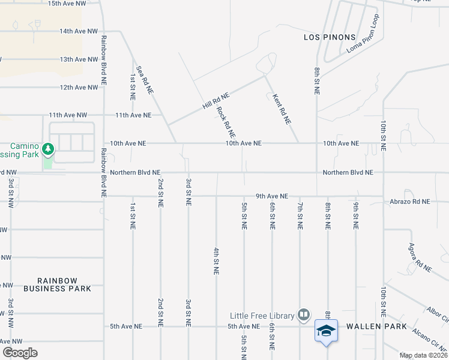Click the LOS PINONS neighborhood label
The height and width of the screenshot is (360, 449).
(x=330, y=37)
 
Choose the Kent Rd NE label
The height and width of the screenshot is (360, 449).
(x=282, y=109)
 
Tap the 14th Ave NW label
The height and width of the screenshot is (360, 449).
(x=79, y=31)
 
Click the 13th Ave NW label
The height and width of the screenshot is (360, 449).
(x=79, y=59)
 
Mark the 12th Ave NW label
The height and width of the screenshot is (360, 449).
(x=79, y=88)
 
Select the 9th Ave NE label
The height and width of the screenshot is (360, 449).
(x=272, y=196)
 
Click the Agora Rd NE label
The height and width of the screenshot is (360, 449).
(x=420, y=257)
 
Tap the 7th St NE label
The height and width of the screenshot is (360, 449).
(x=300, y=217)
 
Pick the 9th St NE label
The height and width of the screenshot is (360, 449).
(x=356, y=217)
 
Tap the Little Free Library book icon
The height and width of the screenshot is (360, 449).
(x=304, y=315)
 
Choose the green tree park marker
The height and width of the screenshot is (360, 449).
(x=47, y=148)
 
